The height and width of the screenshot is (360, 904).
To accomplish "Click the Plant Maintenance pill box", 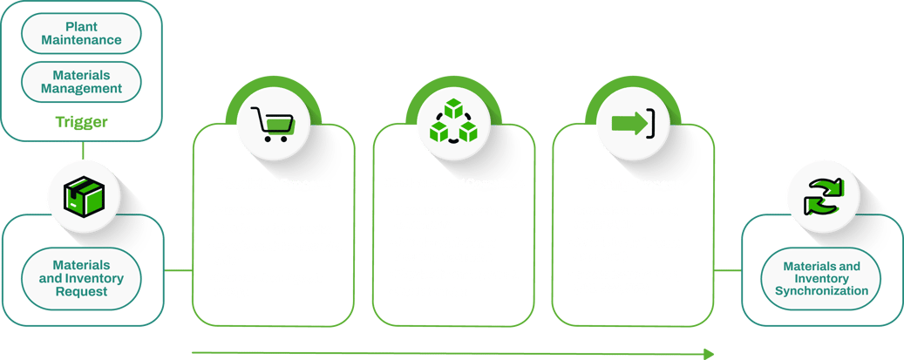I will [x=81, y=33].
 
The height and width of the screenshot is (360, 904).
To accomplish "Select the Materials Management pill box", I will [x=81, y=82].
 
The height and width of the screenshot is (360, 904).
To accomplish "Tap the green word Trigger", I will [x=81, y=122].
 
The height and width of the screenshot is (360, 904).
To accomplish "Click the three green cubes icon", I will [x=452, y=126].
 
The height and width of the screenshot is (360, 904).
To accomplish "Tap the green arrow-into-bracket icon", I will [x=634, y=124].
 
